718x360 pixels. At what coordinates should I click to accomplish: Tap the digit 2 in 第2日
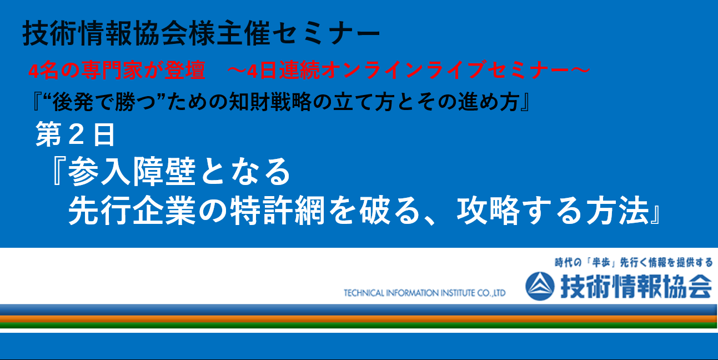pos(76,134)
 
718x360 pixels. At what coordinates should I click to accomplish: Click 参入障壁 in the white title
pos(132,172)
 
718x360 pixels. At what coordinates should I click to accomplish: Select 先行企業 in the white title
pos(132,211)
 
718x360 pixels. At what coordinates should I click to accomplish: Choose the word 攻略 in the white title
pos(488,211)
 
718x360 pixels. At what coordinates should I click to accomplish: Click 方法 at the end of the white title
pos(618,211)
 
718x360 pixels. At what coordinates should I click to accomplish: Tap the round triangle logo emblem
pos(540,286)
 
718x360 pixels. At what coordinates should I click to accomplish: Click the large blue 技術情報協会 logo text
pos(636,286)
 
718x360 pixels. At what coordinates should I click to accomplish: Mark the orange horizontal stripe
pos(358,319)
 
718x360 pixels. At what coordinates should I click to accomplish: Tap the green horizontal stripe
pos(358,326)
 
